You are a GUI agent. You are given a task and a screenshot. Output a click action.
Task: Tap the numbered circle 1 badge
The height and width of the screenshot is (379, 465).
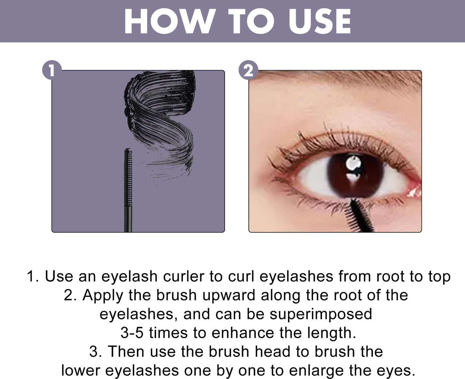tap(51, 70)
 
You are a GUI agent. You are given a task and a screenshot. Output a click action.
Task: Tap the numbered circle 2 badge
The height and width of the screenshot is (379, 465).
tap(248, 70)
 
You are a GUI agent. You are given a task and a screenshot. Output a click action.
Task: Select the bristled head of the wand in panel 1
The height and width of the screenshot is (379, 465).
tap(128, 177)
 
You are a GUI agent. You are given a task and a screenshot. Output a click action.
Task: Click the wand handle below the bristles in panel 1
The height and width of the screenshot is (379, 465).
tap(128, 219)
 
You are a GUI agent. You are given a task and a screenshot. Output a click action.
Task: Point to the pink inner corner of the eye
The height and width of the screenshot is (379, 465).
tap(414, 191)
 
